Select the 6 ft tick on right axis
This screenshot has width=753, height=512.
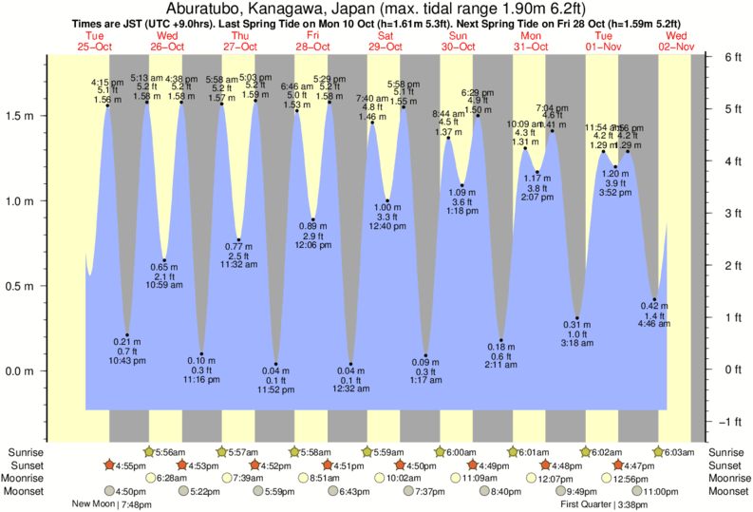(x=732, y=57)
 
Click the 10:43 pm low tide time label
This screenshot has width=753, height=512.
(x=126, y=361)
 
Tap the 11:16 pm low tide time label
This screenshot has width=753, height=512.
(x=200, y=380)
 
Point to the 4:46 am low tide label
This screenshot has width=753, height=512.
(x=654, y=325)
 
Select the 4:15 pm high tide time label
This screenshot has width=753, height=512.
(x=106, y=82)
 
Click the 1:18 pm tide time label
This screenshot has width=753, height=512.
(x=462, y=210)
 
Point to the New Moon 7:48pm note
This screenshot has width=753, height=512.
(x=112, y=504)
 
